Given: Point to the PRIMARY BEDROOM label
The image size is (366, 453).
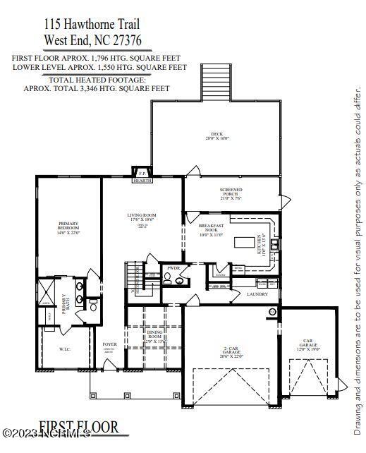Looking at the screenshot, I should point(68,228).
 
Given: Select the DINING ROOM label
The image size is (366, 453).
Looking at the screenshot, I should point(154,336).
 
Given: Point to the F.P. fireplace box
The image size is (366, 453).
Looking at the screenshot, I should point(142,172).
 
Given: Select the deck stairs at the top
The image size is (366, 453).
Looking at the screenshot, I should point(212,82).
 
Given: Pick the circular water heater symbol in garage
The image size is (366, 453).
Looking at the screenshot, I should point(272,311).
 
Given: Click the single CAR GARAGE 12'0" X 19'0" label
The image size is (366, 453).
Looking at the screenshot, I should point(307,346).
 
